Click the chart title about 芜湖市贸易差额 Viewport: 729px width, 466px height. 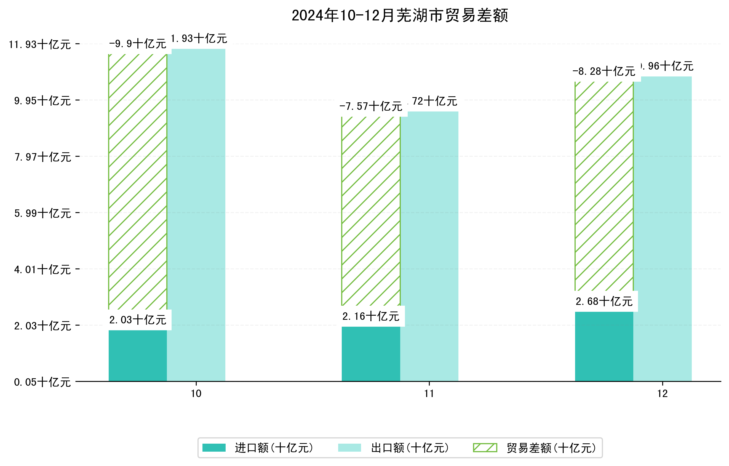[x=400, y=15]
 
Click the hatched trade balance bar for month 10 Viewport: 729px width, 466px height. [x=138, y=182]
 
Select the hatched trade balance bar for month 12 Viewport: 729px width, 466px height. [x=604, y=186]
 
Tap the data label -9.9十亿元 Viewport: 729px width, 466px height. [x=138, y=44]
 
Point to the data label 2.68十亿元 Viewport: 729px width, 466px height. [x=604, y=301]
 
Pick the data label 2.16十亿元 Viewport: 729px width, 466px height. [x=371, y=316]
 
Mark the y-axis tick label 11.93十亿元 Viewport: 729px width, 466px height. [x=40, y=44]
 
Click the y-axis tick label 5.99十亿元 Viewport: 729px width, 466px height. [x=42, y=213]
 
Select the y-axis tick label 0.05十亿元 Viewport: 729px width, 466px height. [x=42, y=382]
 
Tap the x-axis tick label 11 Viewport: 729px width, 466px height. [x=429, y=394]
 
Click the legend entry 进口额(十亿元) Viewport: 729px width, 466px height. [x=274, y=448]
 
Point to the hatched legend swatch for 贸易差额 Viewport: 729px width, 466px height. [x=485, y=448]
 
